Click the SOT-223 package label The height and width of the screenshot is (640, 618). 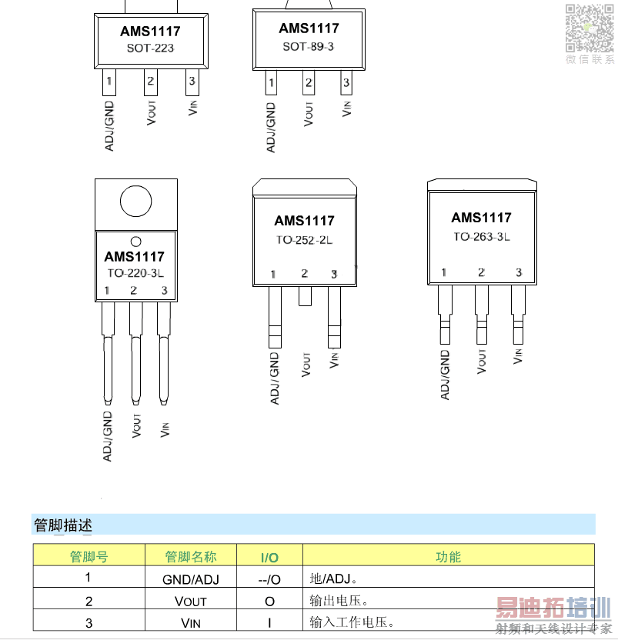[x=150, y=48]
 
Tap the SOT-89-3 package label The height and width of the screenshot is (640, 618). [x=309, y=46]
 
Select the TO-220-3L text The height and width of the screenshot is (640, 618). [x=135, y=273]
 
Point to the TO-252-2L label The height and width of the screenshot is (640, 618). [x=304, y=239]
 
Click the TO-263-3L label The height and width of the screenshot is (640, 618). [x=482, y=237]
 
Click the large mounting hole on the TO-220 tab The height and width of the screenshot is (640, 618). [x=136, y=202]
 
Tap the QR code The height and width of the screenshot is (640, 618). [x=590, y=28]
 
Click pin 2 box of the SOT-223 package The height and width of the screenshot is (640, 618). [x=151, y=82]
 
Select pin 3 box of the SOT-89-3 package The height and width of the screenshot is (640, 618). [x=346, y=82]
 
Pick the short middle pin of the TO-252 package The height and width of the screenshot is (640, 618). [x=305, y=296]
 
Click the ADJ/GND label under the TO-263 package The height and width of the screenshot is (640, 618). [x=445, y=375]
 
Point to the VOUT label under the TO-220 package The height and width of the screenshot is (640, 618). [x=136, y=425]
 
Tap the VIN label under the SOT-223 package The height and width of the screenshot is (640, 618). [x=193, y=108]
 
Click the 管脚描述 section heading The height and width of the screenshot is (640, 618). [x=63, y=525]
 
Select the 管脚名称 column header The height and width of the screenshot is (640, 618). [x=191, y=557]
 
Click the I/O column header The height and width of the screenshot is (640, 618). [x=269, y=558]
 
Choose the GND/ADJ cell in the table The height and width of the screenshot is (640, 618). [x=191, y=579]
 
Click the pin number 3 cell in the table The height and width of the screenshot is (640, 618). [x=89, y=623]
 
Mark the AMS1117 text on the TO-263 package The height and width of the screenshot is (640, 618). [x=481, y=218]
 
